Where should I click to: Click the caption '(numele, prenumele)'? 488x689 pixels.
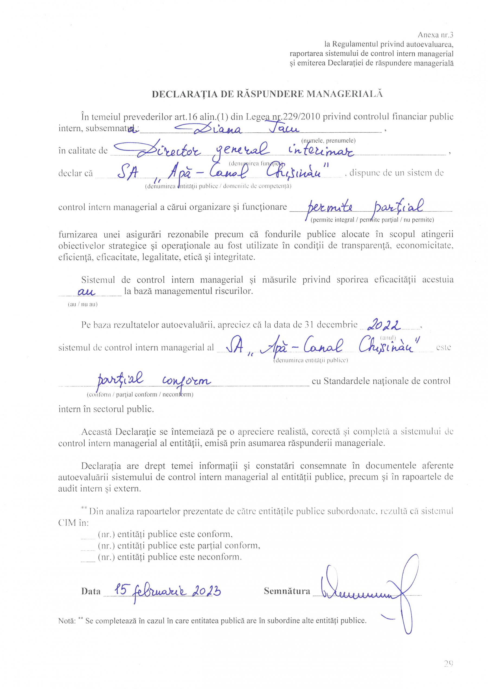tap(328, 140)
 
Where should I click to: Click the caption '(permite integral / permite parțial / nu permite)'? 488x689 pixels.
tap(372, 220)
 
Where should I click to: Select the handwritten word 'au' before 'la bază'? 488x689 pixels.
tap(86, 291)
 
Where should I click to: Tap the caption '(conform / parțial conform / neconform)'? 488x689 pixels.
tap(140, 394)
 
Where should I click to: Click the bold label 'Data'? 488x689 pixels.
tap(91, 591)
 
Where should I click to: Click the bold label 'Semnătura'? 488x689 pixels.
tap(287, 590)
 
